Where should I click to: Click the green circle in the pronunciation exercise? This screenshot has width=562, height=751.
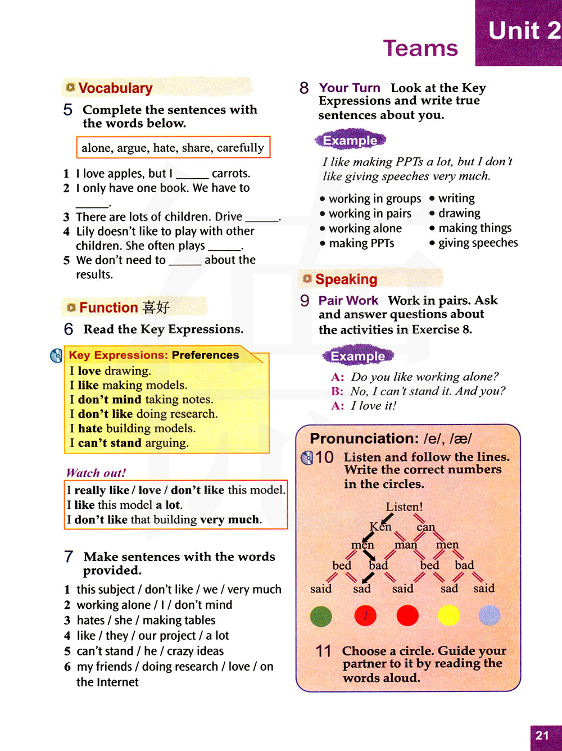click(x=321, y=616)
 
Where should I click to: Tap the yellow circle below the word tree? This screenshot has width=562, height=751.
click(x=449, y=616)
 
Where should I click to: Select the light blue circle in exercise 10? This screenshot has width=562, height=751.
click(x=489, y=616)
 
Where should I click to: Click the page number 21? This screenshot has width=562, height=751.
click(x=542, y=735)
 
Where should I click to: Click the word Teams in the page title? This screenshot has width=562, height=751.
click(x=420, y=48)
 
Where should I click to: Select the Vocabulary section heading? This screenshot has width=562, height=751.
click(x=115, y=88)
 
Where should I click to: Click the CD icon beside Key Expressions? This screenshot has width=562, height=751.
click(x=57, y=356)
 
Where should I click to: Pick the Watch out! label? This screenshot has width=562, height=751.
click(x=96, y=473)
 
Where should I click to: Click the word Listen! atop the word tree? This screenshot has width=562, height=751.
click(x=404, y=506)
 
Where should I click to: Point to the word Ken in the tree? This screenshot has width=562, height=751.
click(x=380, y=527)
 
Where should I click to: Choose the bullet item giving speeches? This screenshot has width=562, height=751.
click(x=478, y=243)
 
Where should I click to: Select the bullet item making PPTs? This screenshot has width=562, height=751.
click(x=361, y=243)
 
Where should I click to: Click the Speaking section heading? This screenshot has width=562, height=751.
click(x=346, y=279)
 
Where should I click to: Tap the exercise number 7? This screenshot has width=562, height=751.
click(x=69, y=557)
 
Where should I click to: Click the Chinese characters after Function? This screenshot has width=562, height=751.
click(x=156, y=307)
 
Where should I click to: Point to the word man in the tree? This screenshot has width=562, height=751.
click(x=406, y=545)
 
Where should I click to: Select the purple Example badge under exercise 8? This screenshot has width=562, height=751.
click(x=350, y=140)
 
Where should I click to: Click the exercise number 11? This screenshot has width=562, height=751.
click(x=324, y=651)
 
